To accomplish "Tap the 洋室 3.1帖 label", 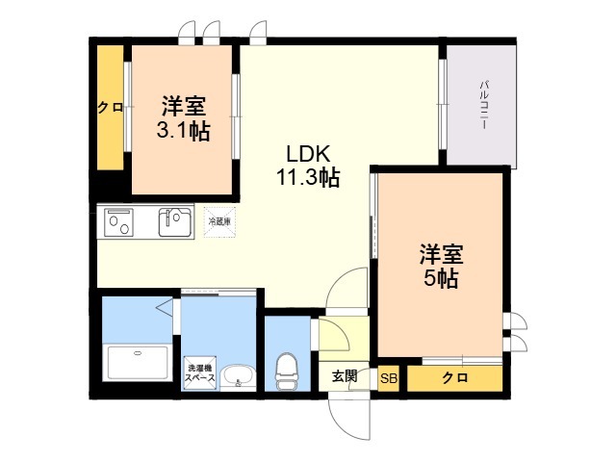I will [184, 117].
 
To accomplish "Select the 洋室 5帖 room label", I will [442, 267].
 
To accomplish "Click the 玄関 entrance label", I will [345, 376].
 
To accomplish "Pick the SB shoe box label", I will [389, 378].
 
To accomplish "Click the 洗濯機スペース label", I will [201, 372].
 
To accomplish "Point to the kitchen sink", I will [175, 222].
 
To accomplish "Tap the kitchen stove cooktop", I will [119, 223].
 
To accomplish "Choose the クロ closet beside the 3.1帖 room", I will [110, 108].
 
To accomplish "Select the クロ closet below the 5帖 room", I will [454, 378].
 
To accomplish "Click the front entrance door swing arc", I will [348, 414].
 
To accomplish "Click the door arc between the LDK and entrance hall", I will [345, 290].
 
